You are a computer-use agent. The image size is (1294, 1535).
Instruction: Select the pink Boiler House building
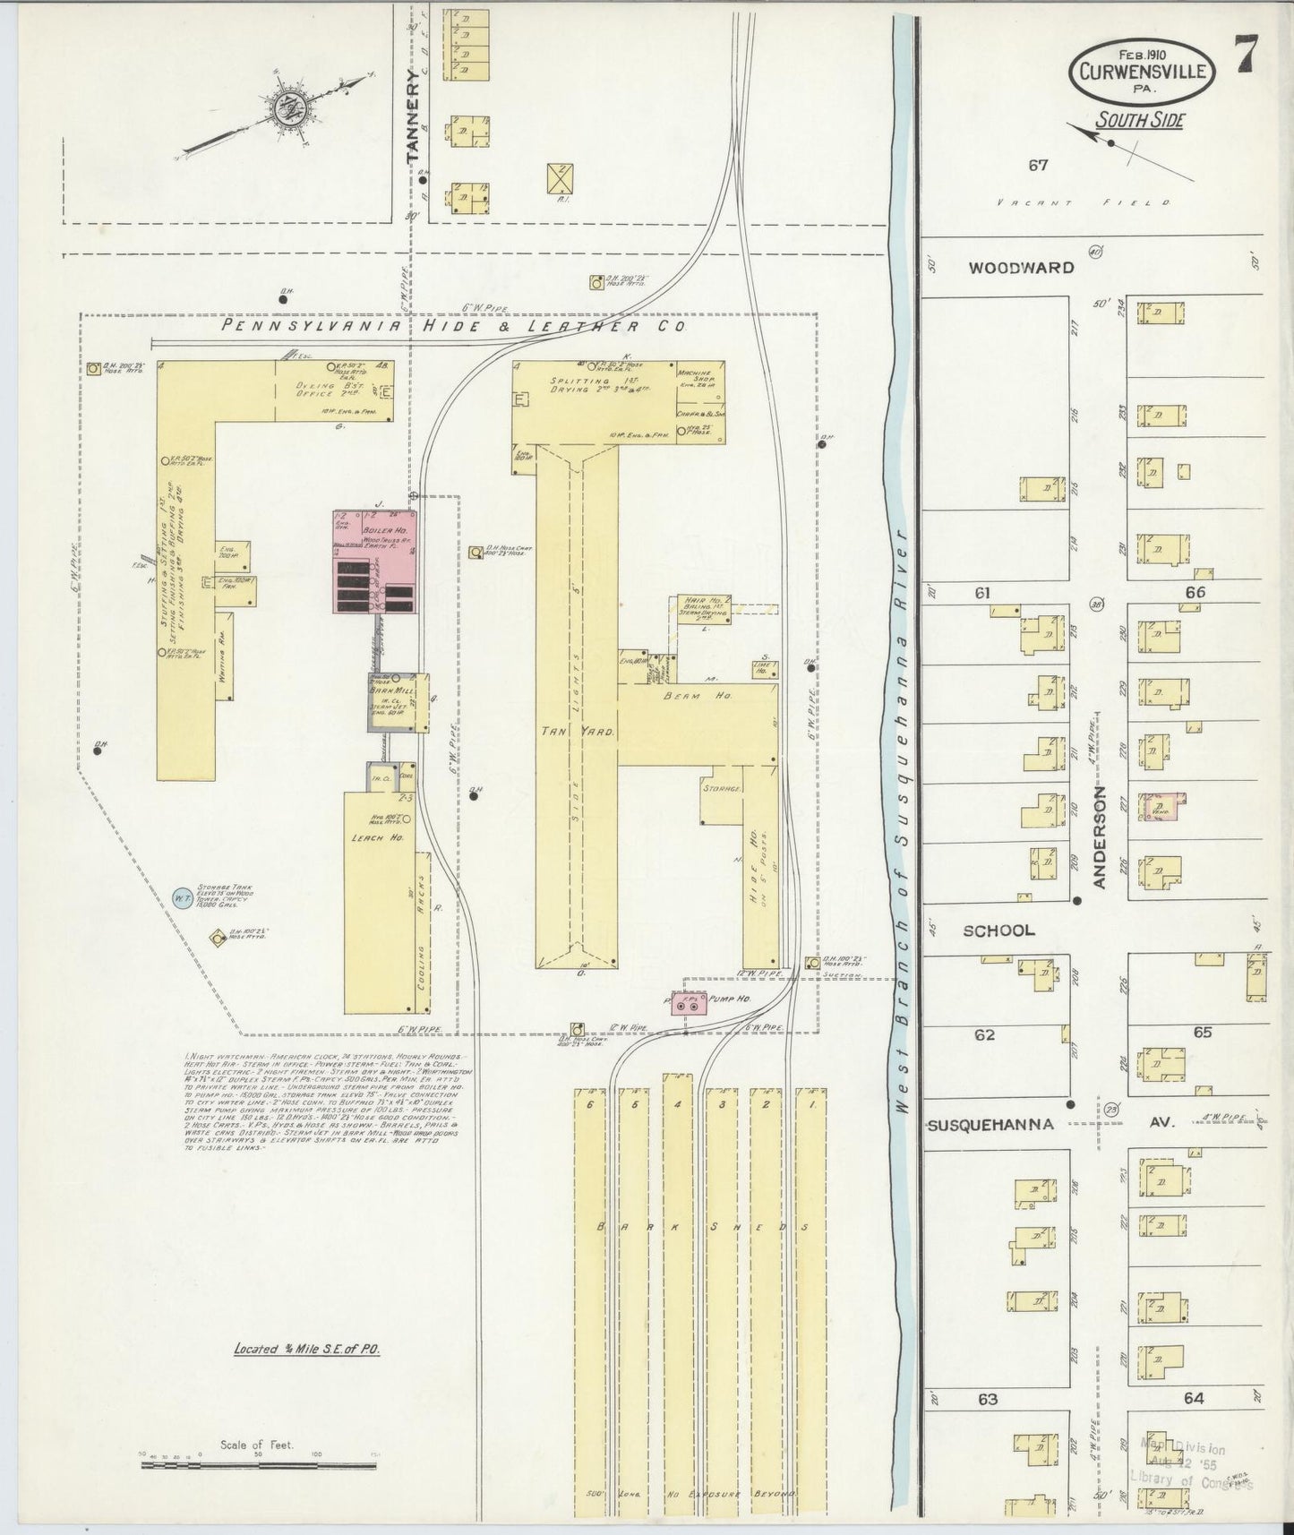pyautogui.click(x=376, y=562)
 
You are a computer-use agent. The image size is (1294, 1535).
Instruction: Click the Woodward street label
pyautogui.click(x=1021, y=267)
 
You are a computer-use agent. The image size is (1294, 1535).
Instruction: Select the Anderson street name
pyautogui.click(x=1100, y=838)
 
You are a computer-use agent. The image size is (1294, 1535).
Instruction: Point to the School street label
pyautogui.click(x=998, y=930)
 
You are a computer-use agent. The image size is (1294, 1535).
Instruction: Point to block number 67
pyautogui.click(x=1038, y=164)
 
